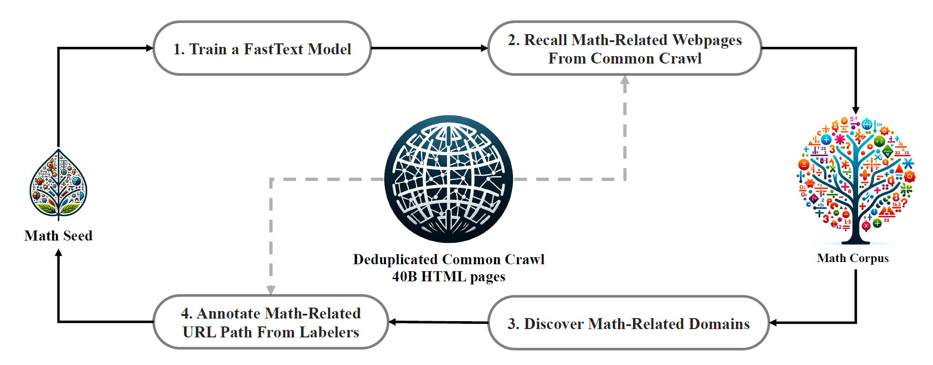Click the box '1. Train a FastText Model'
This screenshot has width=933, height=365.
[x=262, y=48]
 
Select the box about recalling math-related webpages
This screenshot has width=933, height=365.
[x=625, y=48]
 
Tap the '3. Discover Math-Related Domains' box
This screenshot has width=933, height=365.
[x=628, y=323]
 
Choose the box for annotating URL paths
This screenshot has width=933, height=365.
[x=271, y=322]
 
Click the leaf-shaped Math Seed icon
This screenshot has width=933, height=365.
[x=58, y=184]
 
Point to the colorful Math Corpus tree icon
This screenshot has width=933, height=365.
[x=855, y=180]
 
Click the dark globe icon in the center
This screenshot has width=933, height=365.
[x=449, y=179]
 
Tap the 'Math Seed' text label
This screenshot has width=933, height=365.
[x=58, y=236]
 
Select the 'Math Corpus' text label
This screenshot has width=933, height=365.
[x=852, y=258]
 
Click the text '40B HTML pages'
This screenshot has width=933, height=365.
[x=449, y=276]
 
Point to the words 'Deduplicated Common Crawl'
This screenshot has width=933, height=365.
[x=449, y=259]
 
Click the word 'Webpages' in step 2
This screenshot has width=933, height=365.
[x=707, y=40]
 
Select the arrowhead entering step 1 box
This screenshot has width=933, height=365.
[x=150, y=48]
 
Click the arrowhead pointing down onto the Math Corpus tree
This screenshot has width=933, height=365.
[x=855, y=110]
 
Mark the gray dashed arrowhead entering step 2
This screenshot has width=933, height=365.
[x=625, y=80]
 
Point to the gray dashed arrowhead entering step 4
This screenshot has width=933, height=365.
[x=271, y=290]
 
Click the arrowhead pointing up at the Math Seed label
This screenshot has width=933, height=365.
[x=58, y=252]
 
